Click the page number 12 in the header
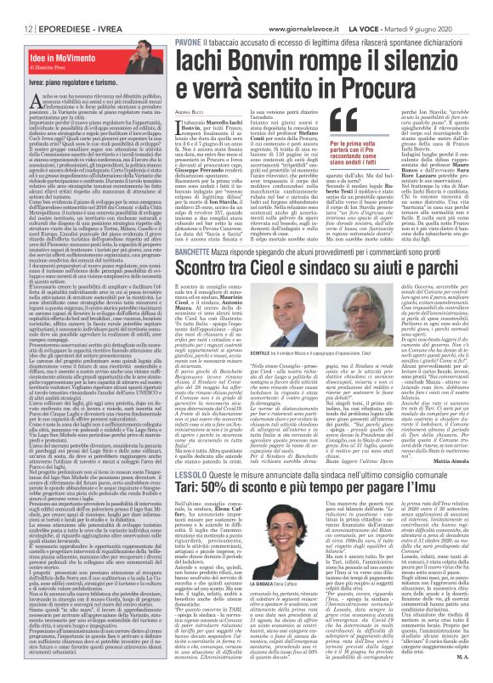15,7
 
